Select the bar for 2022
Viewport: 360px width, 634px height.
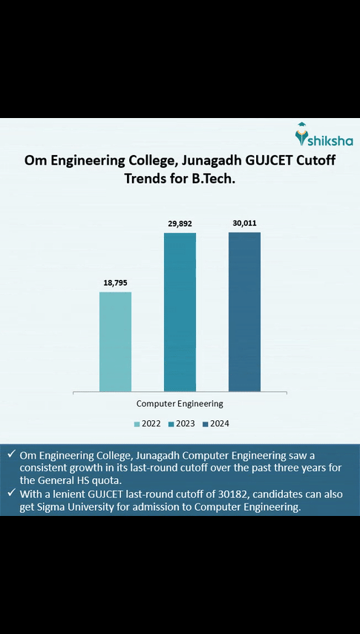(115, 341)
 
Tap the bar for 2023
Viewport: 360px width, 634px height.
(180, 312)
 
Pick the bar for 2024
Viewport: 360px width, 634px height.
(244, 312)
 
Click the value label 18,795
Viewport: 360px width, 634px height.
(115, 283)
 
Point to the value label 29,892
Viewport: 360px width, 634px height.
(180, 223)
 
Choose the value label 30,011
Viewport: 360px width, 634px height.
(244, 223)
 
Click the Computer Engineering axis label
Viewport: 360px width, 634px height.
(180, 404)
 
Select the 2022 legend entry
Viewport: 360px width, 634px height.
(147, 424)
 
